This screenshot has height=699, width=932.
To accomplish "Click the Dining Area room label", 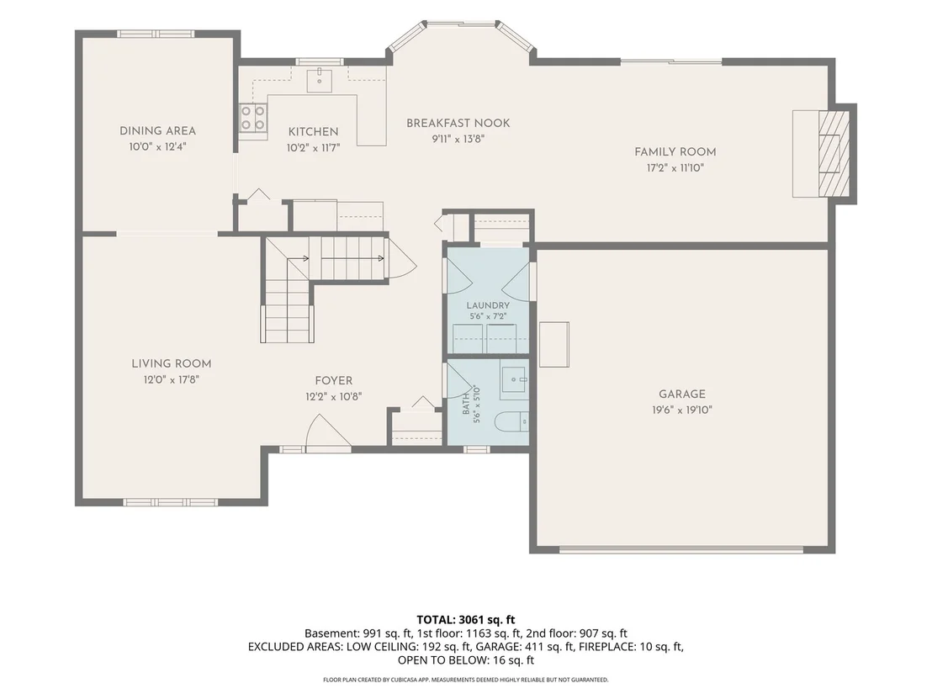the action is tap(157, 130).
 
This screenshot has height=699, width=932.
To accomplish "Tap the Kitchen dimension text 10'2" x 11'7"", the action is tap(313, 147).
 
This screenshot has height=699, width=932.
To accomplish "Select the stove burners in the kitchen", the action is tap(252, 116).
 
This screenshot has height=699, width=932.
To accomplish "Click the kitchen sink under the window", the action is tap(320, 80).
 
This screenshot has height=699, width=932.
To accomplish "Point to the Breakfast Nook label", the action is tap(458, 123).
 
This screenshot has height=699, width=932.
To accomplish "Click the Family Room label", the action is tap(675, 151).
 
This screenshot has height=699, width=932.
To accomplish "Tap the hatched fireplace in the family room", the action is tap(834, 153).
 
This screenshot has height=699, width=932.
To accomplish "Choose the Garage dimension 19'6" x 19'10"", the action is tap(682, 410).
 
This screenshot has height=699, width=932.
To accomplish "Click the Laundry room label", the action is tap(488, 305).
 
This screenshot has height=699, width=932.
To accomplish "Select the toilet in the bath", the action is tap(511, 421).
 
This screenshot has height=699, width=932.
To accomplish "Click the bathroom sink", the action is tap(514, 379).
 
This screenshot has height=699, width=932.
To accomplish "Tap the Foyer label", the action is tap(333, 380).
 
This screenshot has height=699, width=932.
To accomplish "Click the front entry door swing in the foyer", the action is tap(327, 430).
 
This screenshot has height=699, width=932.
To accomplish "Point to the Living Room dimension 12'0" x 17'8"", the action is tap(172, 379).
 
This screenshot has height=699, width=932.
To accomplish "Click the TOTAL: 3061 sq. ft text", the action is tap(465, 620).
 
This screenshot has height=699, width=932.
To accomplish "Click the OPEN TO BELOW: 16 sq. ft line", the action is tap(466, 659).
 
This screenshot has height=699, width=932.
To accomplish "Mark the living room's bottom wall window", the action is tap(171, 502).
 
